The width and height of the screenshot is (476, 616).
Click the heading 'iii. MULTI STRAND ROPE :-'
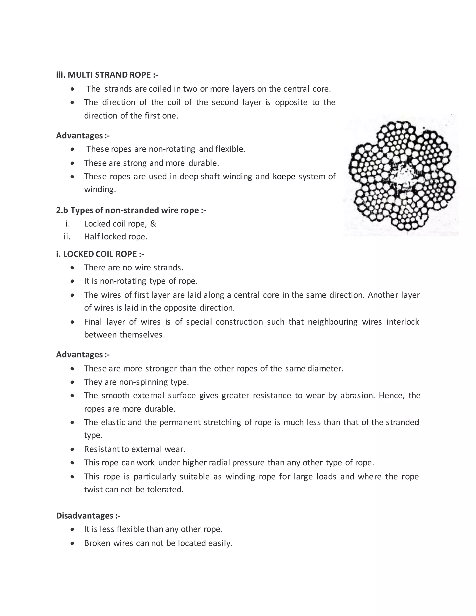[x=107, y=75]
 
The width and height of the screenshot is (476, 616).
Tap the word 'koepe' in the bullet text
[x=284, y=177]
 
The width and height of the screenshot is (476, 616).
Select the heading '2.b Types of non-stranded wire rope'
[x=131, y=210]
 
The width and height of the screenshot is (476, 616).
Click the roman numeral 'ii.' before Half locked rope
[x=67, y=237]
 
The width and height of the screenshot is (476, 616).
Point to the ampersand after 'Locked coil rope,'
[x=153, y=224]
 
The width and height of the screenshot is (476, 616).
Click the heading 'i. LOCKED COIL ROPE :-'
[x=100, y=254]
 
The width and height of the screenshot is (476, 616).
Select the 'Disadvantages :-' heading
[x=88, y=516]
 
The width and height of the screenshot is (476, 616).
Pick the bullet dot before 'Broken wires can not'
[x=73, y=543]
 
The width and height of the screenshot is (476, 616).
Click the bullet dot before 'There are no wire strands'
[x=73, y=268]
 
